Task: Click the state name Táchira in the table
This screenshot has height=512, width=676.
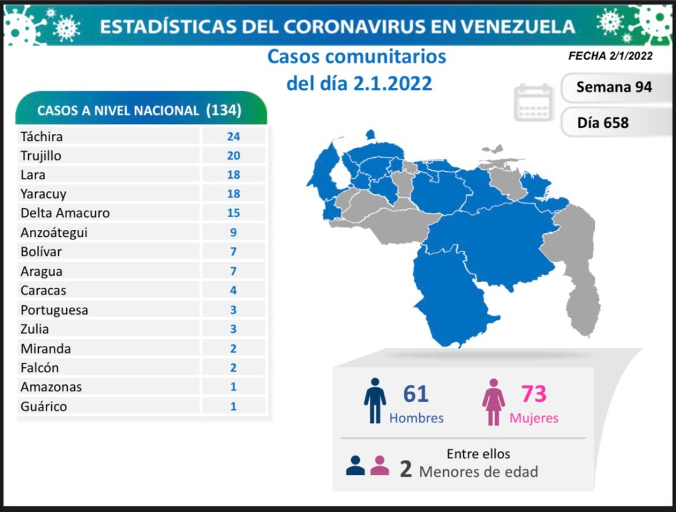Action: pyautogui.click(x=41, y=137)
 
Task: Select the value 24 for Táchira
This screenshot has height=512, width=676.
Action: pyautogui.click(x=233, y=137)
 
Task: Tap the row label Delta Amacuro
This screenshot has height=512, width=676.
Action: pyautogui.click(x=65, y=213)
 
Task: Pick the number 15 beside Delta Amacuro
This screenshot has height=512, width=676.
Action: pyautogui.click(x=233, y=213)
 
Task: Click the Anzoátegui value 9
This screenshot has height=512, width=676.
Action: pyautogui.click(x=233, y=232)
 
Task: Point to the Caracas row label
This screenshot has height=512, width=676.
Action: pyautogui.click(x=43, y=290)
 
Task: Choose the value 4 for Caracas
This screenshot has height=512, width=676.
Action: pyautogui.click(x=233, y=290)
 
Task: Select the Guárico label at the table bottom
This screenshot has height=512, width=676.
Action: pyautogui.click(x=44, y=406)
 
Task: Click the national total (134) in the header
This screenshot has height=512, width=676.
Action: pyautogui.click(x=223, y=110)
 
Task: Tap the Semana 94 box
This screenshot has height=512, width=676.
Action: pyautogui.click(x=614, y=87)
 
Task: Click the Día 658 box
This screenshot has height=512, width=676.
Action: pyautogui.click(x=614, y=123)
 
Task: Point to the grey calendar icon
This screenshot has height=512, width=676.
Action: pyautogui.click(x=533, y=102)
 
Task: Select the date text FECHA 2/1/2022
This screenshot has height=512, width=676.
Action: pyautogui.click(x=610, y=56)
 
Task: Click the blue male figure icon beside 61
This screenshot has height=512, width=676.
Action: pyautogui.click(x=375, y=400)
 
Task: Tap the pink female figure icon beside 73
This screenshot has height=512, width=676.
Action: pyautogui.click(x=493, y=402)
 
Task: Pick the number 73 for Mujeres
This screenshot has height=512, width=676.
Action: pyautogui.click(x=534, y=394)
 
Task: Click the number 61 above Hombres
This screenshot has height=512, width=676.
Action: pyautogui.click(x=416, y=394)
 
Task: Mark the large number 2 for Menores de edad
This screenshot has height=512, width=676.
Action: pyautogui.click(x=405, y=469)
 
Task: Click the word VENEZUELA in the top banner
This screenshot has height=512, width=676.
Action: pyautogui.click(x=518, y=27)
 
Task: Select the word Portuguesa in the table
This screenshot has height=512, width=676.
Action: pyautogui.click(x=54, y=310)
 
